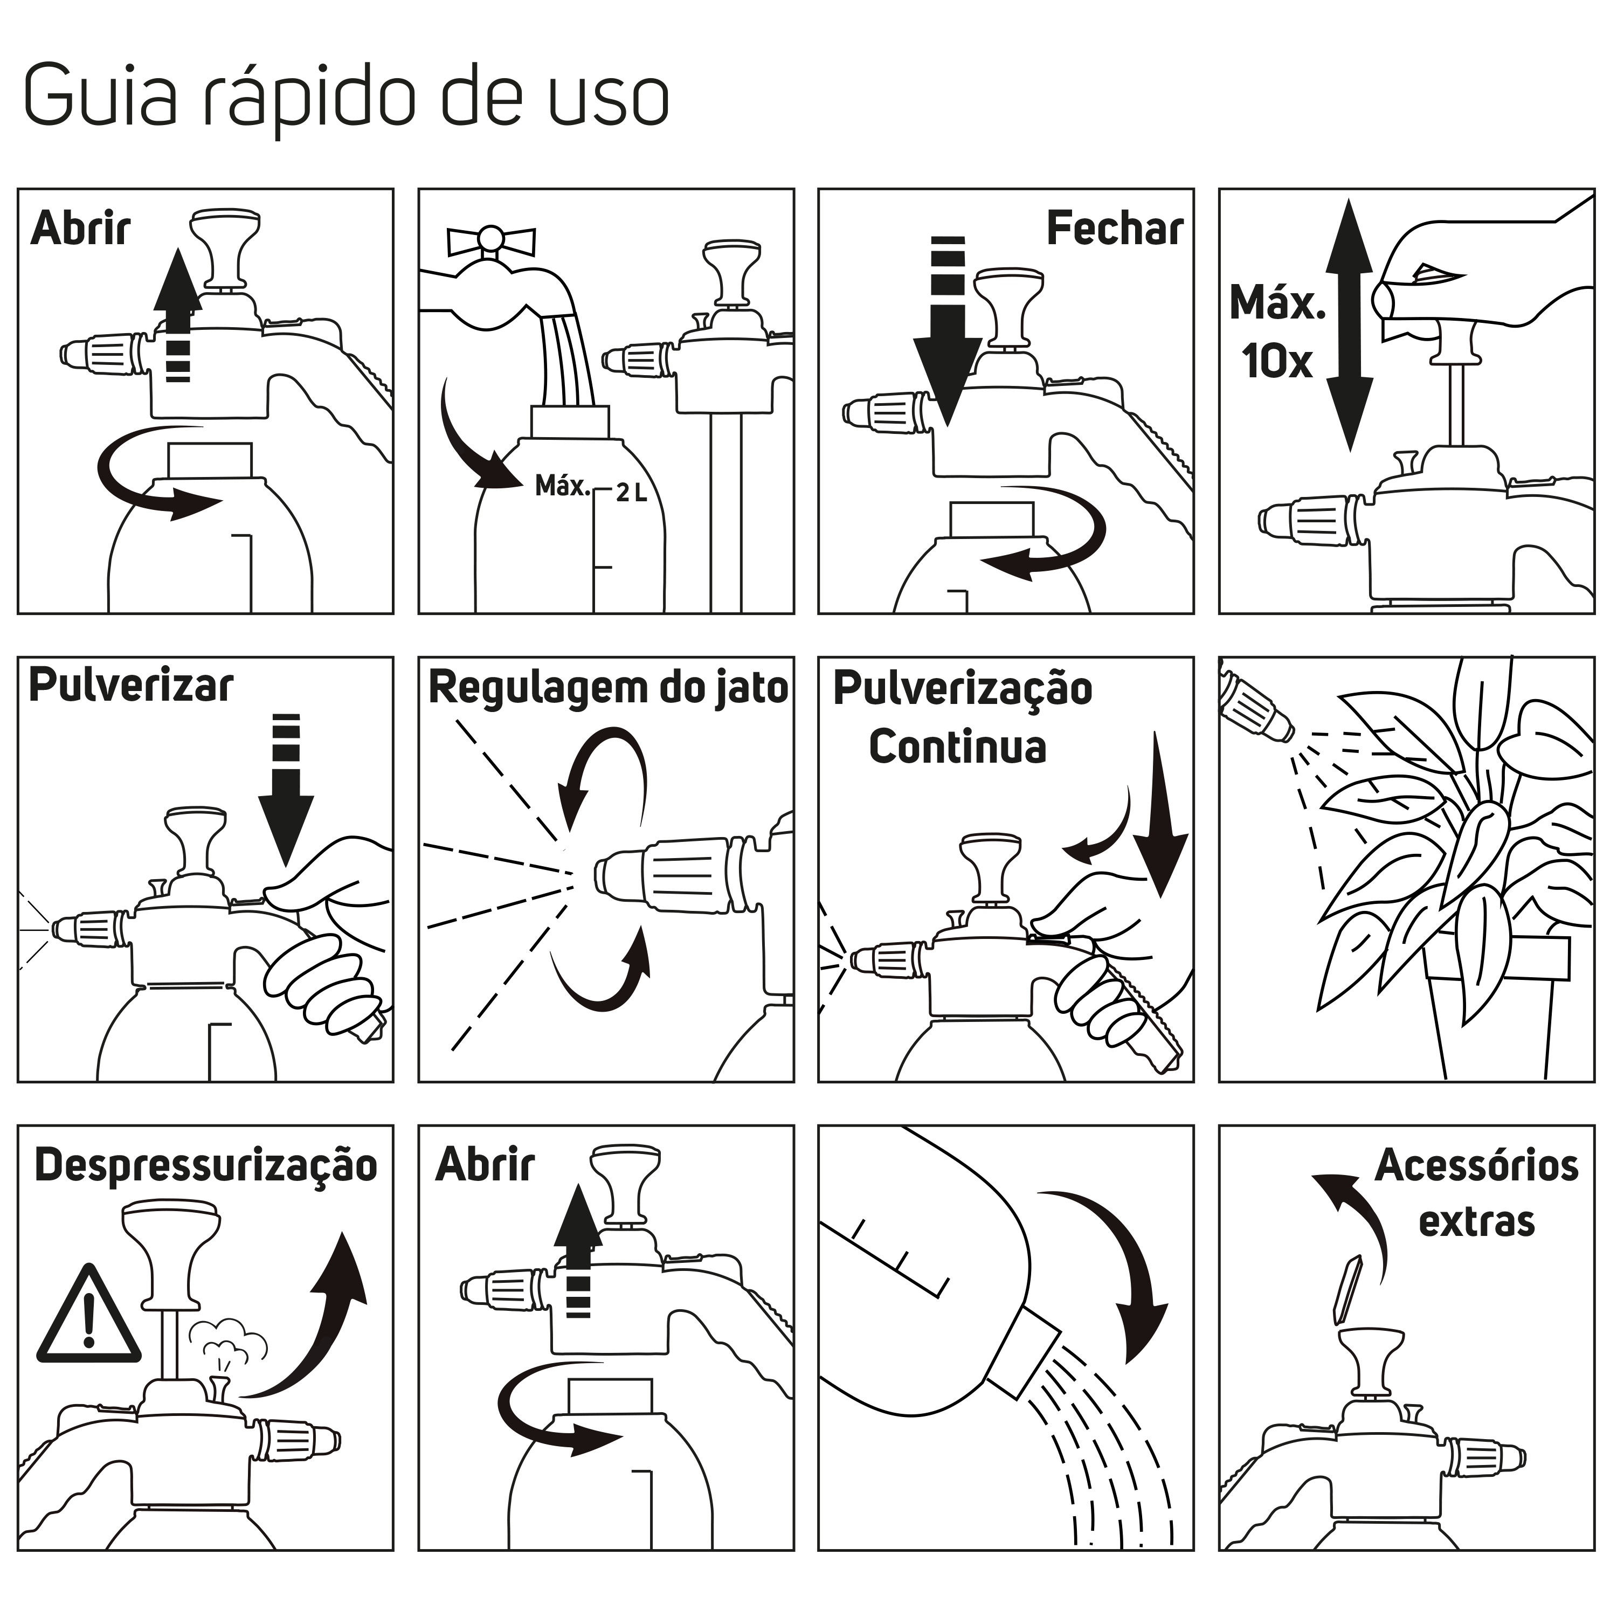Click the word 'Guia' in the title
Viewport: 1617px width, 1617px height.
100,94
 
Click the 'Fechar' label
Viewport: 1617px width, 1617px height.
1114,229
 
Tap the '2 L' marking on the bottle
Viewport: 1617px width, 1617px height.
631,493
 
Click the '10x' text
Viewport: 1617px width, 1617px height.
1276,362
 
